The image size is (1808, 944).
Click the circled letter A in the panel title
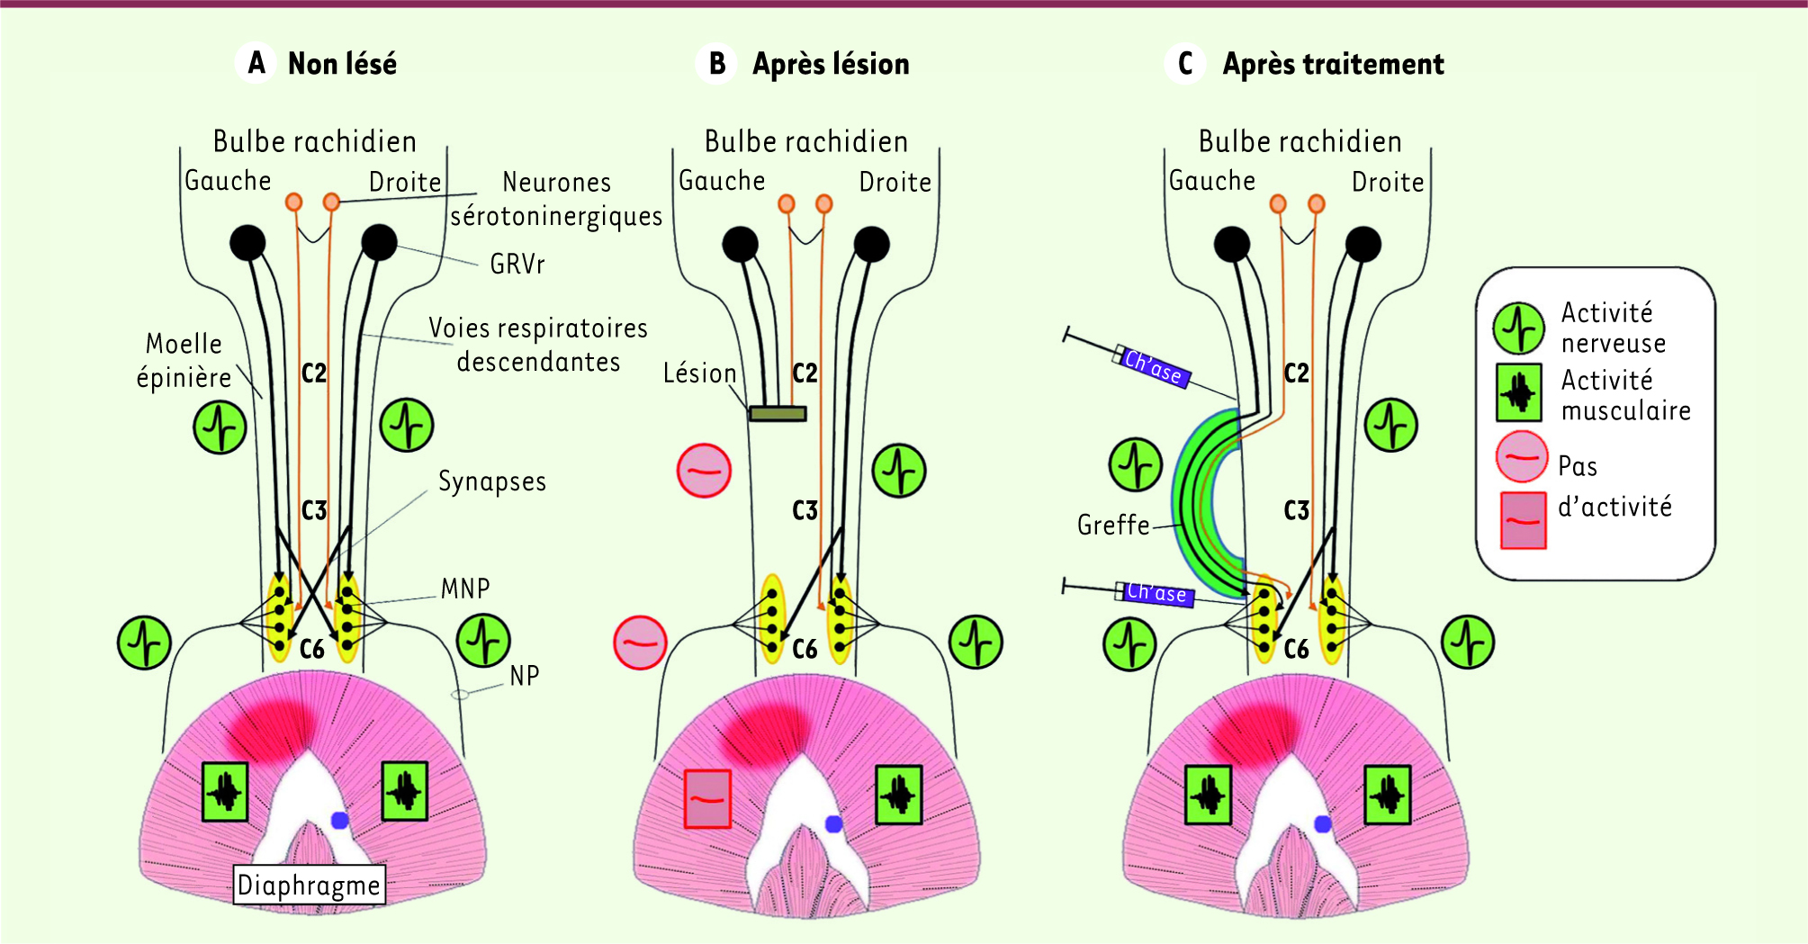[256, 64]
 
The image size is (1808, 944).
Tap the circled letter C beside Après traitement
[1185, 64]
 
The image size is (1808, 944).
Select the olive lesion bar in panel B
[778, 414]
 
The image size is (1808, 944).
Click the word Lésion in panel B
[699, 373]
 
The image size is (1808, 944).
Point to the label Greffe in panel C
[1113, 525]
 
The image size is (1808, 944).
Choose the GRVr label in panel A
[517, 264]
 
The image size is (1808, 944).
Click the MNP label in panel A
[465, 589]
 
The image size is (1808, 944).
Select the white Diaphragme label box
[309, 886]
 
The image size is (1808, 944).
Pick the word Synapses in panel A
[492, 481]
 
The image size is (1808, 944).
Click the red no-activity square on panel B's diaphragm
[707, 798]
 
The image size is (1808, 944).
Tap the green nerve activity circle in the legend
[1519, 328]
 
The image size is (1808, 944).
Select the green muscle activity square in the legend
[1519, 393]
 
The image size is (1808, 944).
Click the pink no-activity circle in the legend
[1521, 457]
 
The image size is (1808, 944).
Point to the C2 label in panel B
[805, 373]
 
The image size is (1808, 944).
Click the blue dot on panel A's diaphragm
[339, 820]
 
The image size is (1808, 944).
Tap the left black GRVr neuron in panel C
[1232, 244]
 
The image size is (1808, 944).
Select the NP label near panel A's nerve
[525, 676]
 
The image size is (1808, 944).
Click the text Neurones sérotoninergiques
[556, 199]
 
